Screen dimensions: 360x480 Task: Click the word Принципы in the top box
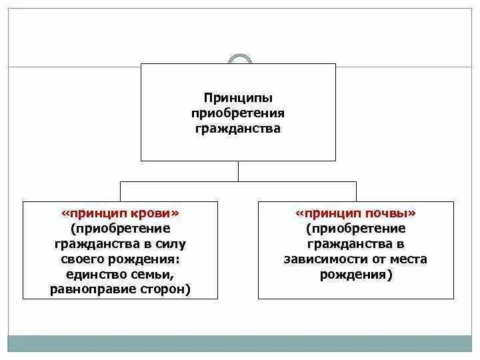tap(238, 98)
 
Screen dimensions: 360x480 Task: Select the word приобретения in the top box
tap(238, 113)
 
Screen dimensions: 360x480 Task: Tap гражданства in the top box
tap(238, 127)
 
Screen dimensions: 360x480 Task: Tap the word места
tap(406, 259)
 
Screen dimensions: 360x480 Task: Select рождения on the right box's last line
tap(355, 275)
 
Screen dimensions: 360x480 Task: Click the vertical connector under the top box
tap(238, 171)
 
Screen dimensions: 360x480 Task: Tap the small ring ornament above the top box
tap(239, 60)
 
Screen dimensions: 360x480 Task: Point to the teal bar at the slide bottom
tap(239, 343)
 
